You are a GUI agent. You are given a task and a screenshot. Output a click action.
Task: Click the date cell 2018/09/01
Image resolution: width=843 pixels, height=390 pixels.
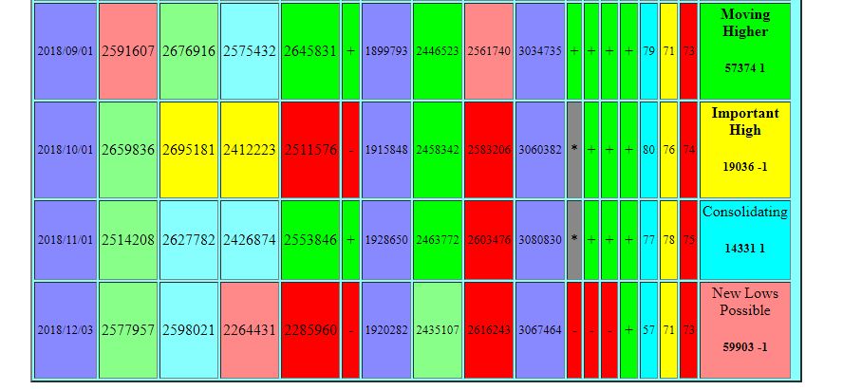[x=65, y=51]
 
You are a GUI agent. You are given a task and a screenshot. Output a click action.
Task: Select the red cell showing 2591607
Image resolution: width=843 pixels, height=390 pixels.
[x=128, y=51]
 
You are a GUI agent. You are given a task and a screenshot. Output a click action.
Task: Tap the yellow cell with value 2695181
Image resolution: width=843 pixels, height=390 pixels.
[x=189, y=150]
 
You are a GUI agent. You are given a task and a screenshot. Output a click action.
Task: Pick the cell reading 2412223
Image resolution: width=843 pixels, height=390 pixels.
[x=250, y=150]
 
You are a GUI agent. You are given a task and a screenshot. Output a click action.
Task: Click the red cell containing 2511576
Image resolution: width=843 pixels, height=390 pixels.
[x=309, y=150]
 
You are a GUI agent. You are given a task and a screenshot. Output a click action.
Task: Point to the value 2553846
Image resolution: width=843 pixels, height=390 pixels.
[x=309, y=240]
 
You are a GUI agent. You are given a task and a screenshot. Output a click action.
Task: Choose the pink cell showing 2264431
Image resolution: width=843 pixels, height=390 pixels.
[x=250, y=330]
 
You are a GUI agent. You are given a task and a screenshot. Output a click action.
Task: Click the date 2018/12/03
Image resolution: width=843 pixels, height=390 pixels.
[x=65, y=330]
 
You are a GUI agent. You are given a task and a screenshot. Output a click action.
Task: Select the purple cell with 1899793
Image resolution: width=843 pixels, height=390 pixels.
[x=386, y=51]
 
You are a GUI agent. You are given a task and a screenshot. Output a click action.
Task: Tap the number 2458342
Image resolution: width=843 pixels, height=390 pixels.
[x=438, y=150]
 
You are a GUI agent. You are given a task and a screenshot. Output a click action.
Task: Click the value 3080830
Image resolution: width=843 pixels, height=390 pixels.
[x=540, y=240]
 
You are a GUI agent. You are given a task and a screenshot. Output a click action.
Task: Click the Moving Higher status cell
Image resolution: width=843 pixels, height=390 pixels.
[x=744, y=51]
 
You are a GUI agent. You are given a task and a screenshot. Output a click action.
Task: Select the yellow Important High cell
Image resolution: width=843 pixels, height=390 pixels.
[x=744, y=150]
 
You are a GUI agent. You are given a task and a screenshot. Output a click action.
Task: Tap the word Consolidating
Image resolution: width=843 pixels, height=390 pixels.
[x=744, y=213]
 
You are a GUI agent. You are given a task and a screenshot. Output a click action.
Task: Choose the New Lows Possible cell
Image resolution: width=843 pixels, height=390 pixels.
[x=744, y=330]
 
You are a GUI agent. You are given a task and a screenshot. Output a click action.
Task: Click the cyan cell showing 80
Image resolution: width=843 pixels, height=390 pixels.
[x=648, y=150]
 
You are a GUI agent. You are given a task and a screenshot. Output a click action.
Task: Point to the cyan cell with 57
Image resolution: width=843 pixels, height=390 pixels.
[x=648, y=330]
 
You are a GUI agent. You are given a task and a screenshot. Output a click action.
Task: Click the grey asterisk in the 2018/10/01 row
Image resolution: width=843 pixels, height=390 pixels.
[x=573, y=150]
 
